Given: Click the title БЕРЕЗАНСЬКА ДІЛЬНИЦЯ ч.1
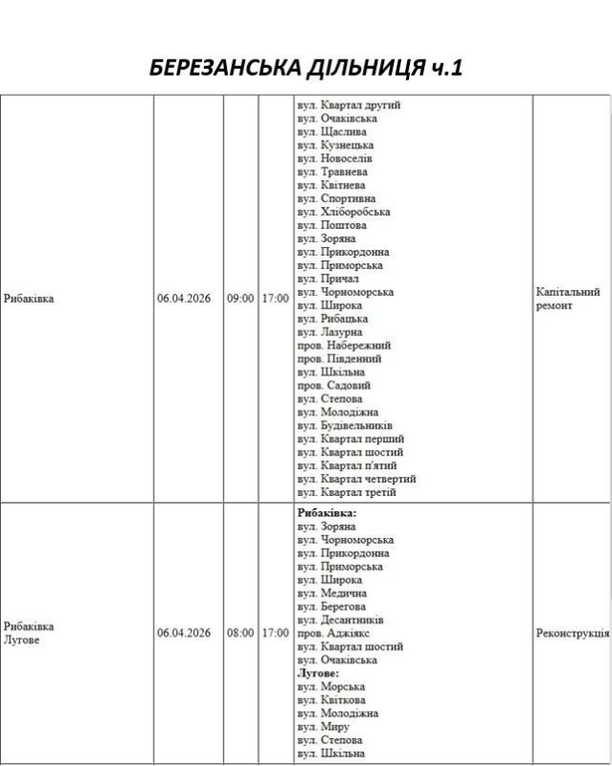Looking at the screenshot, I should point(306,68).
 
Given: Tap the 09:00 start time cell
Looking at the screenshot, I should point(239,299).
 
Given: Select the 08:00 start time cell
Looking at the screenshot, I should point(239,633).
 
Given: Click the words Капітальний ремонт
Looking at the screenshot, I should point(568,299).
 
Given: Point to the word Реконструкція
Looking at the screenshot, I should point(572,633).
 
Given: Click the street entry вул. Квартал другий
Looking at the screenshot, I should point(349,104).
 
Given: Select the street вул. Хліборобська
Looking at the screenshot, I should point(343,212).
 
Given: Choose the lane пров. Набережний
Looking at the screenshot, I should point(344,345).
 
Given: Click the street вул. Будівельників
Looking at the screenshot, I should point(345,425).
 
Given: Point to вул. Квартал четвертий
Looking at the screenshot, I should point(356,479).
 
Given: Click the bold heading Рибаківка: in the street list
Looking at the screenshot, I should point(327,513).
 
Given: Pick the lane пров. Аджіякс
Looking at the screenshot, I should point(333,633).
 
